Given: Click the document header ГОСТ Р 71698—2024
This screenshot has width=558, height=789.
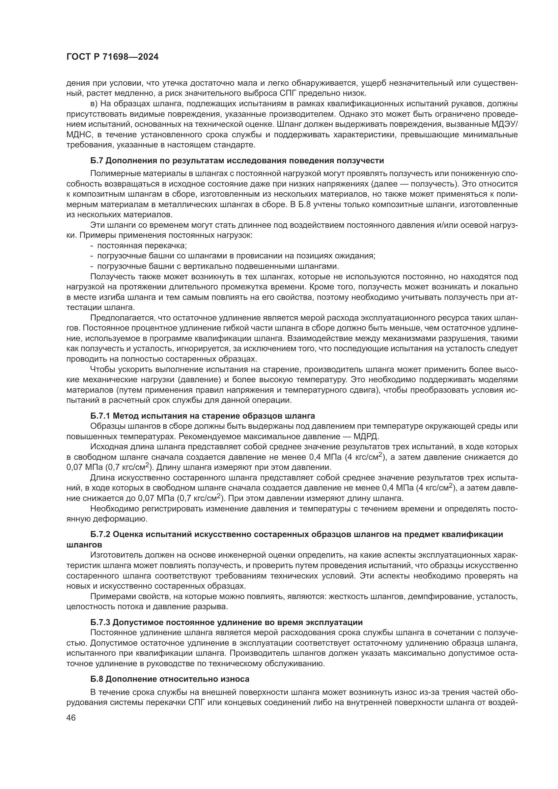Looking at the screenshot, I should pos(112,57).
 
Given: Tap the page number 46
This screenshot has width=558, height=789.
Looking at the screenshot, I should pos(71,718).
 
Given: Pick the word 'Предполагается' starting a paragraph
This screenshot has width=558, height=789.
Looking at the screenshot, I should pos(120,318).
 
